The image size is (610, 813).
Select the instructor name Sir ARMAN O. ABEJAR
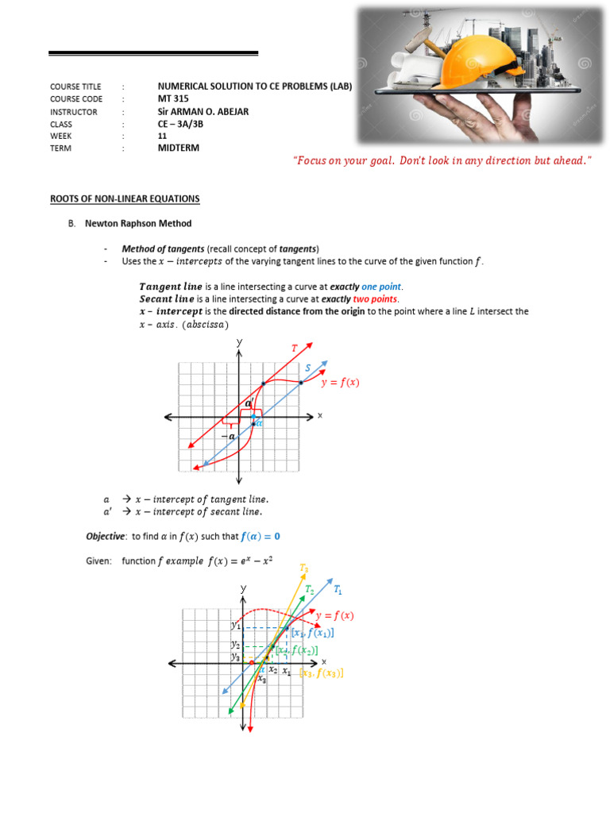(x=203, y=112)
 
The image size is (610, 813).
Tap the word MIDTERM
(x=179, y=148)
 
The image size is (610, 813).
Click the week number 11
(x=163, y=136)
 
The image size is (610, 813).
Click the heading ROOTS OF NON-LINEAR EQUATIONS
(x=125, y=198)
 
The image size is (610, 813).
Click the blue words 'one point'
(x=382, y=287)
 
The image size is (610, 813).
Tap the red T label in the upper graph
(x=293, y=347)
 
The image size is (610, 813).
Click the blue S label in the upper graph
(x=308, y=368)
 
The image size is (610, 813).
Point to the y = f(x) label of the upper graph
(x=340, y=383)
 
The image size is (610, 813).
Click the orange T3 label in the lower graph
(x=304, y=568)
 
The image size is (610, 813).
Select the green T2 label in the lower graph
(x=310, y=590)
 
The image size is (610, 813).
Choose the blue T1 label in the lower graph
(x=338, y=590)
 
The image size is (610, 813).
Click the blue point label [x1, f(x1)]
(x=312, y=633)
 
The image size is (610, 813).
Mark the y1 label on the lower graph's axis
(x=236, y=626)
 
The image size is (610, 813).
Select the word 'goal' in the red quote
(x=377, y=161)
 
